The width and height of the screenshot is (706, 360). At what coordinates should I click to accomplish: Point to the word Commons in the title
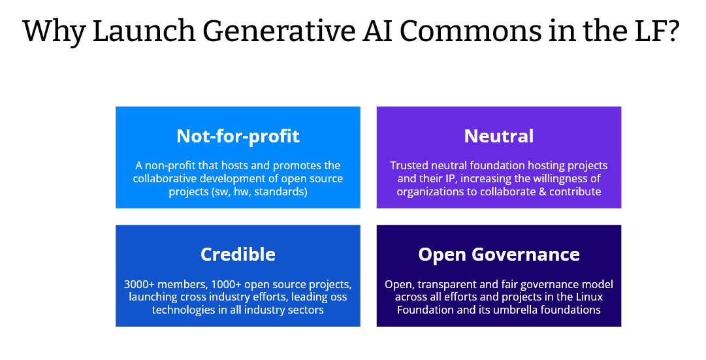(x=470, y=31)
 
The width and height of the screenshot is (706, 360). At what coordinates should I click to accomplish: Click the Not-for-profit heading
(x=238, y=136)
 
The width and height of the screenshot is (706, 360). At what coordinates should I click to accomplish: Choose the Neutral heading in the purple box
(x=499, y=136)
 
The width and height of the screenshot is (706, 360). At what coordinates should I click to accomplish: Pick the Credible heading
(x=238, y=255)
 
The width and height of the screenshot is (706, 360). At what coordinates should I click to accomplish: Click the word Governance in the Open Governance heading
(x=526, y=255)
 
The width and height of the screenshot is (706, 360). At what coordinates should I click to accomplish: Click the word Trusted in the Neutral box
(x=406, y=166)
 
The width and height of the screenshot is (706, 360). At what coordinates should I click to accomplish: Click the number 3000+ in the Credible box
(x=139, y=285)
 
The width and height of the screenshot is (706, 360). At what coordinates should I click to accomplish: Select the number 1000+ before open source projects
(x=226, y=285)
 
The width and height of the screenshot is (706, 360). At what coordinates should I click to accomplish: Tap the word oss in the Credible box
(x=339, y=297)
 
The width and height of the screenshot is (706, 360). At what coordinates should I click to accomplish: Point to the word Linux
(x=589, y=297)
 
